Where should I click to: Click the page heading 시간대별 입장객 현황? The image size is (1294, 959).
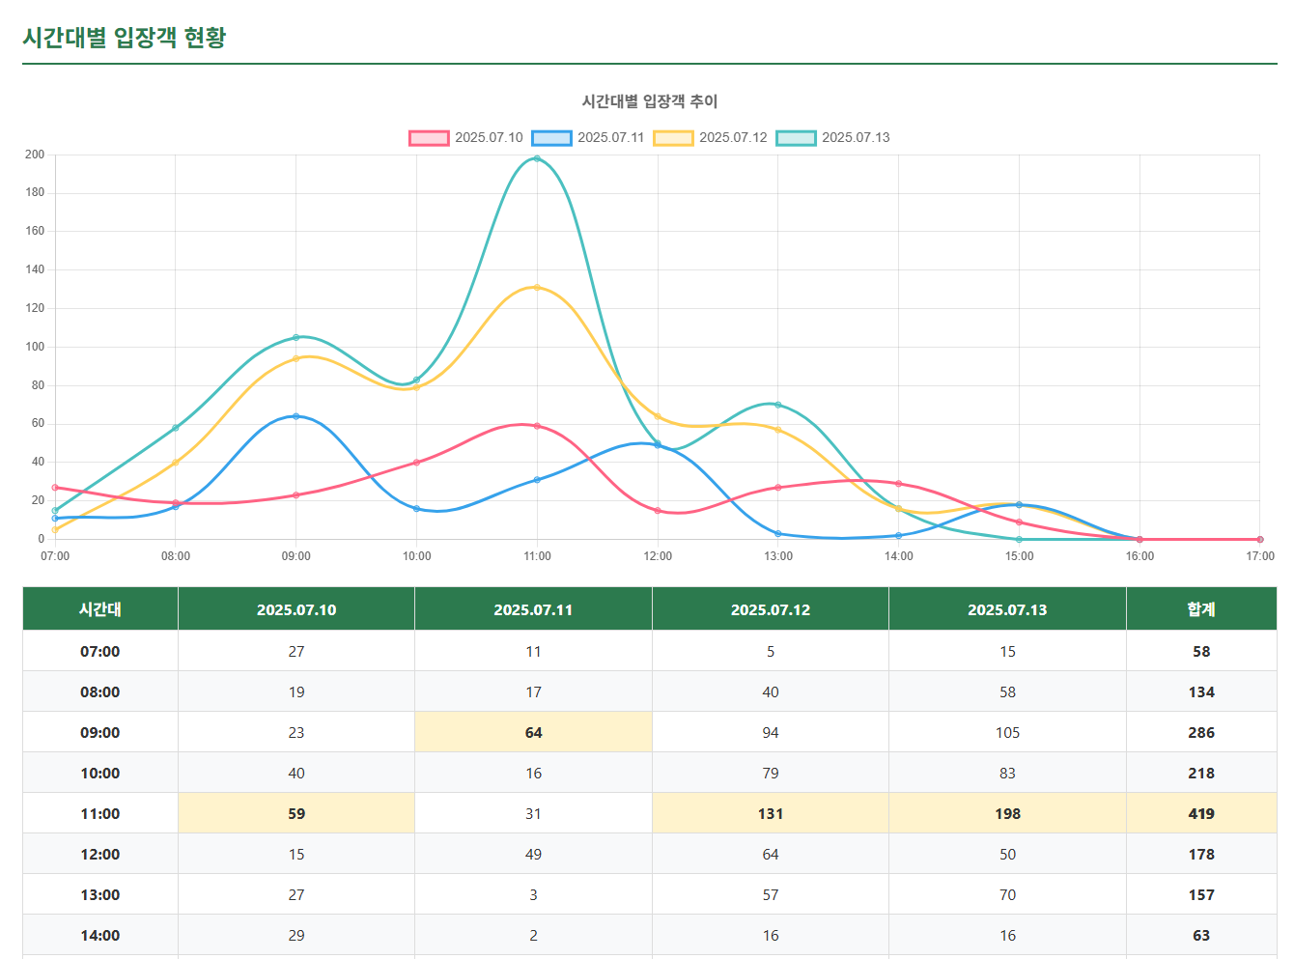124,38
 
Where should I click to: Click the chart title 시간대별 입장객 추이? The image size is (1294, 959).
649,101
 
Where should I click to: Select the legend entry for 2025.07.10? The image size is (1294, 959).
465,137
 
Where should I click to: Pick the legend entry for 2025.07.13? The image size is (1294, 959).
833,137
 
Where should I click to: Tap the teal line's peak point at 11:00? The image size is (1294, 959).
537,158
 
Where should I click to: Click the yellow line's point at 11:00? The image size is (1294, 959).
537,287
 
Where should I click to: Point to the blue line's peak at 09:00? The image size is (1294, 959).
295,416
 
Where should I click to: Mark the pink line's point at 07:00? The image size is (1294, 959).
55,488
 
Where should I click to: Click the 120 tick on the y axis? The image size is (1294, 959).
35,308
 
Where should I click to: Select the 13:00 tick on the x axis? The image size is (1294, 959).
778,556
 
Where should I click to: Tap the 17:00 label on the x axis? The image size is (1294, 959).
1259,556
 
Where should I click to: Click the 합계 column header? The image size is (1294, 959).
1200,609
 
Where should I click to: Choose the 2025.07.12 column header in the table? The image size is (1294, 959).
770,609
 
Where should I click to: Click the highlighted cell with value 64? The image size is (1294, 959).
533,733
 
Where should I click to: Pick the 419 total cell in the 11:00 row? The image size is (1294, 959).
1200,814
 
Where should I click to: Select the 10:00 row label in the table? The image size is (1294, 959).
99,774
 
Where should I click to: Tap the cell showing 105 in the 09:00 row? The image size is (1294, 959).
1007,733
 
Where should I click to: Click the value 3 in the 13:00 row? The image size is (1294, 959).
533,895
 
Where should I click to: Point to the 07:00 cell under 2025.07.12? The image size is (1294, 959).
770,652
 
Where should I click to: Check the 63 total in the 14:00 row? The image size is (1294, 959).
1200,936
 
